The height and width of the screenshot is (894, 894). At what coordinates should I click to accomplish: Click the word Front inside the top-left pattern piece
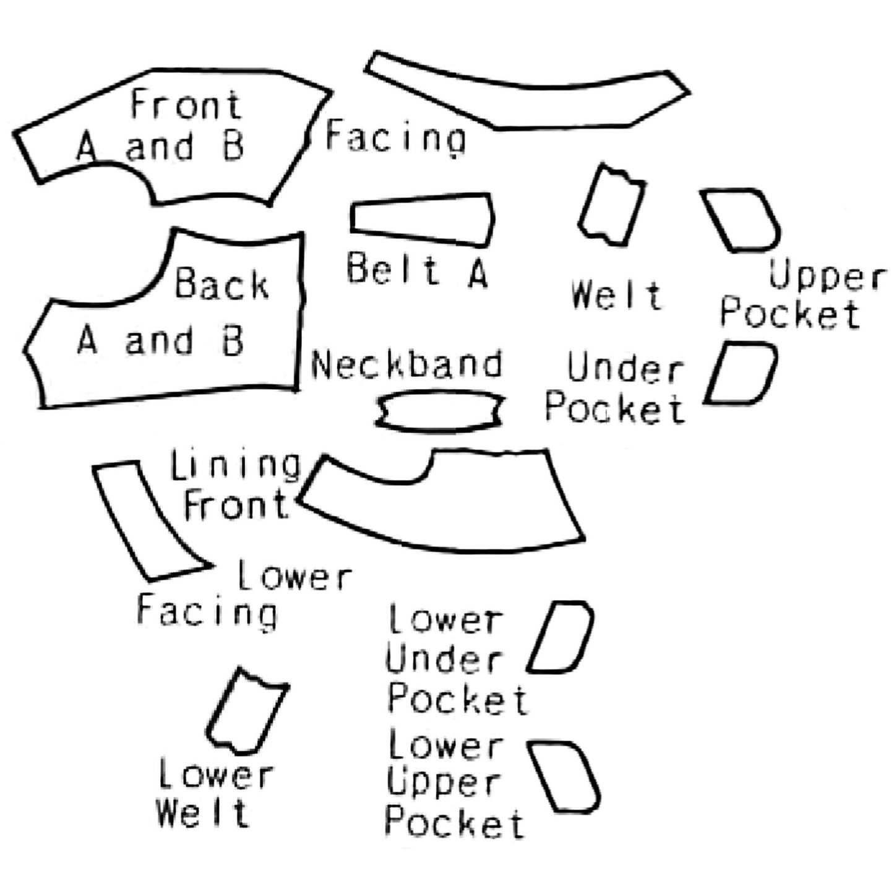(x=186, y=105)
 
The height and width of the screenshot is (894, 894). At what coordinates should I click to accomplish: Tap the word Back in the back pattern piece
(x=221, y=284)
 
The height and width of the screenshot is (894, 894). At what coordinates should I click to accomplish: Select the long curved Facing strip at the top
(x=526, y=102)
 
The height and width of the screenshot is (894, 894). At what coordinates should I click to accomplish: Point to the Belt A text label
(x=417, y=270)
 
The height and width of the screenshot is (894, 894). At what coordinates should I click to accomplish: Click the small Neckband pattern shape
(x=440, y=410)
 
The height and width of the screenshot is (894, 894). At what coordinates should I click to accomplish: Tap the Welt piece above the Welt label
(x=611, y=205)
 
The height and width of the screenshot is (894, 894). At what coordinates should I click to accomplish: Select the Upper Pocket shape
(x=741, y=220)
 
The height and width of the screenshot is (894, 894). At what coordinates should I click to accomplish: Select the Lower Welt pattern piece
(x=246, y=711)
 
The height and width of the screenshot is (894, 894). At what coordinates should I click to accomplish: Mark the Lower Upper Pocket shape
(x=564, y=777)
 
